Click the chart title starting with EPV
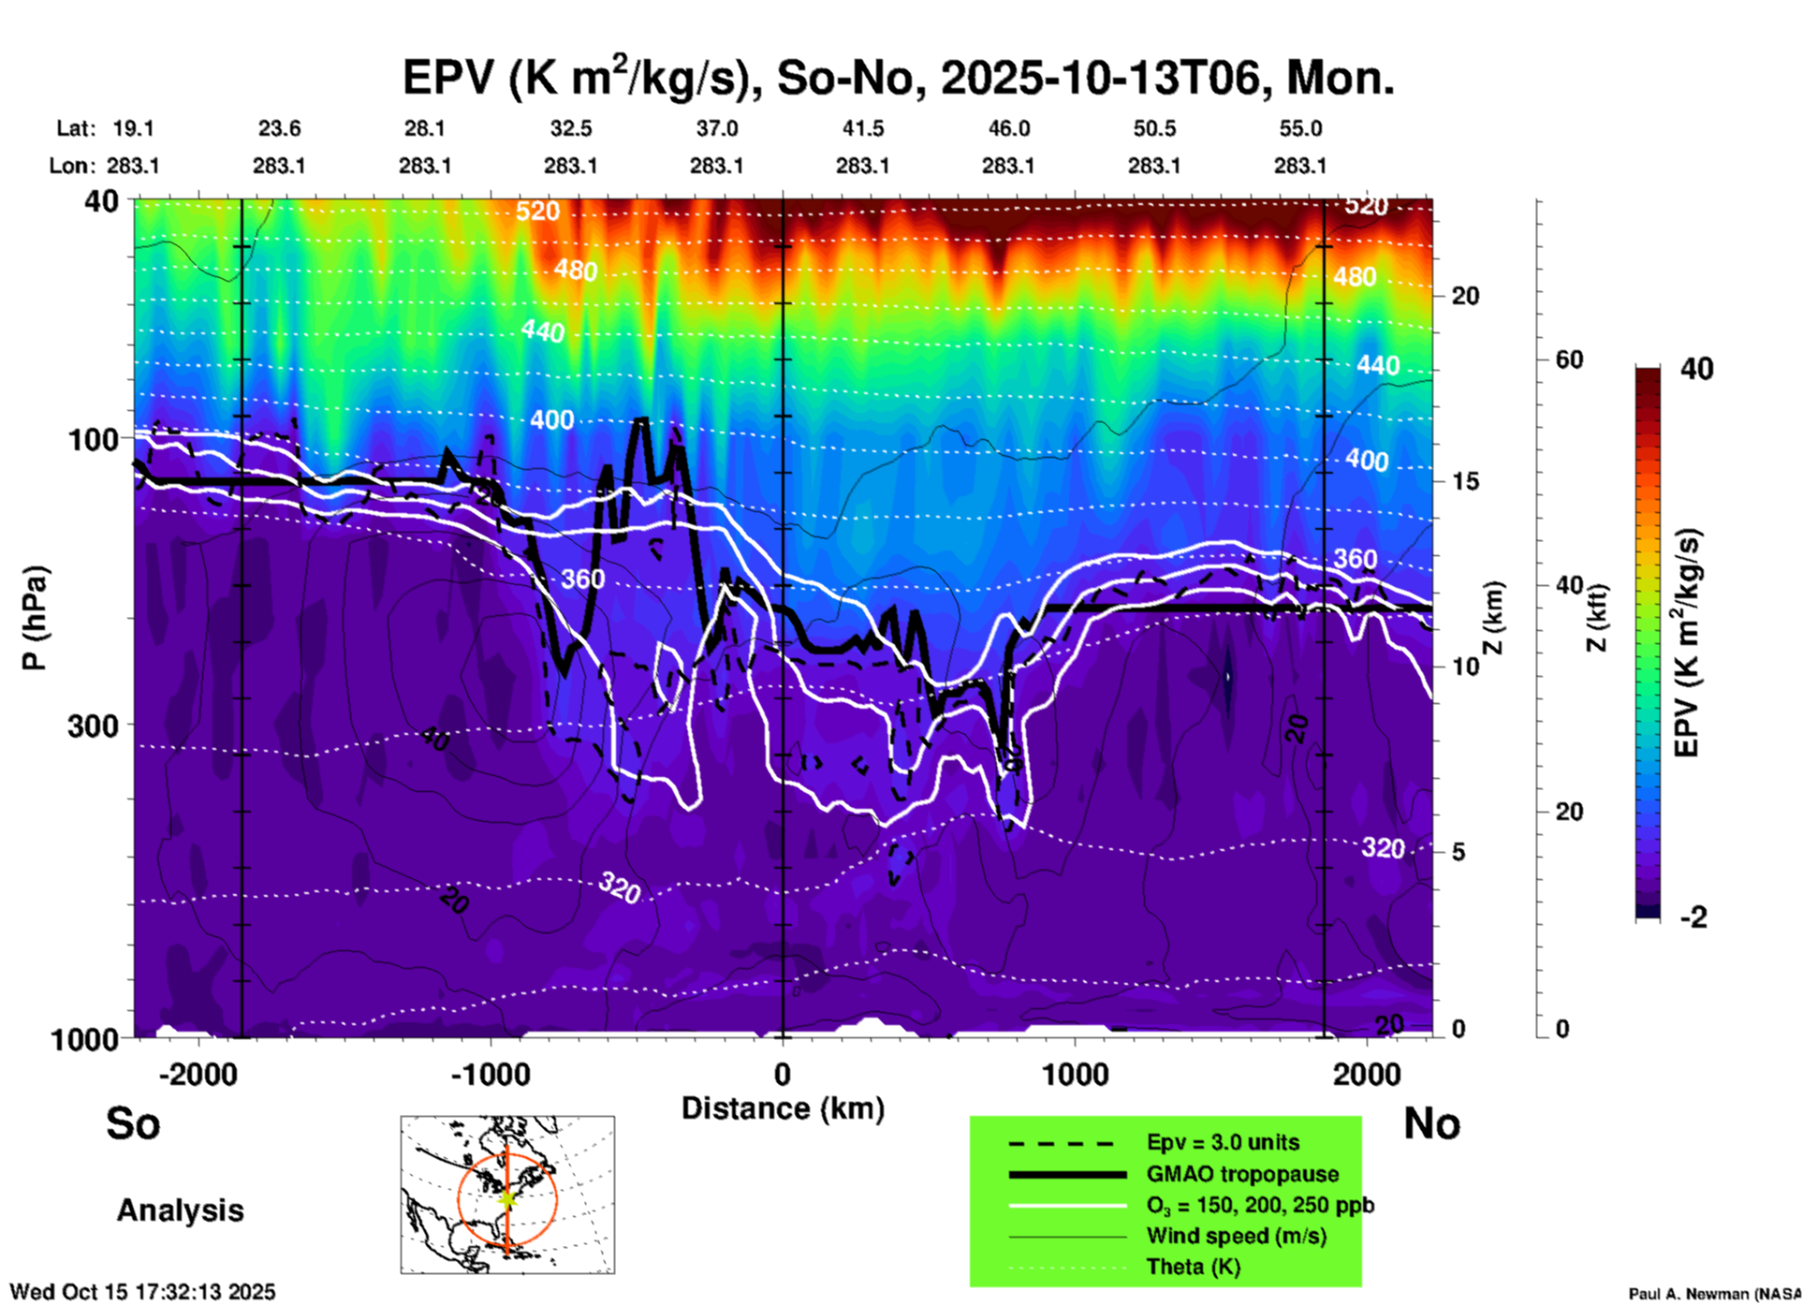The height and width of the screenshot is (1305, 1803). [x=898, y=77]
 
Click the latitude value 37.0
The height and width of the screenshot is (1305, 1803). [x=716, y=128]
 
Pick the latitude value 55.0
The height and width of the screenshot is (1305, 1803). [x=1300, y=128]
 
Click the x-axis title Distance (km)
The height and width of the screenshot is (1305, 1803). [x=783, y=1108]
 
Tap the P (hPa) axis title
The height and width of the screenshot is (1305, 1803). [x=35, y=618]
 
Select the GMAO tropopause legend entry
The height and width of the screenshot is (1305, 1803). [x=1242, y=1174]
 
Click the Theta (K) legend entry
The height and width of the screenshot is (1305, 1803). [x=1194, y=1267]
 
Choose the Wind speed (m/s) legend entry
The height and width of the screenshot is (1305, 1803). [x=1236, y=1236]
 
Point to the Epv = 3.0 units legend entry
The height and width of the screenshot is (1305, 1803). [x=1223, y=1142]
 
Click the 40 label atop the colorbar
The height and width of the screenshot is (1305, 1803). [x=1696, y=369]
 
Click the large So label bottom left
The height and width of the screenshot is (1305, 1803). [x=133, y=1123]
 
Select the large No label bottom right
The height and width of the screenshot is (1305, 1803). [x=1431, y=1123]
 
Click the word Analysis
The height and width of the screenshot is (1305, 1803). [x=180, y=1210]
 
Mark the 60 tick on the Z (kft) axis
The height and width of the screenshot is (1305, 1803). [x=1569, y=360]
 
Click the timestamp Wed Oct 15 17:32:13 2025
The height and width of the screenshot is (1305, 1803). [x=142, y=1292]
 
